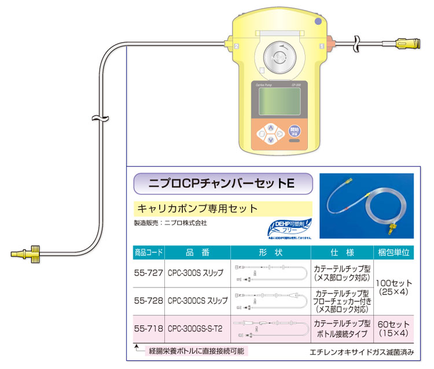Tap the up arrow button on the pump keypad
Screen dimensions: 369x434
271,127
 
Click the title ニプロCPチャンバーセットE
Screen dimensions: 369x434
223,183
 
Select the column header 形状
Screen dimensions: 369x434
270,252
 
